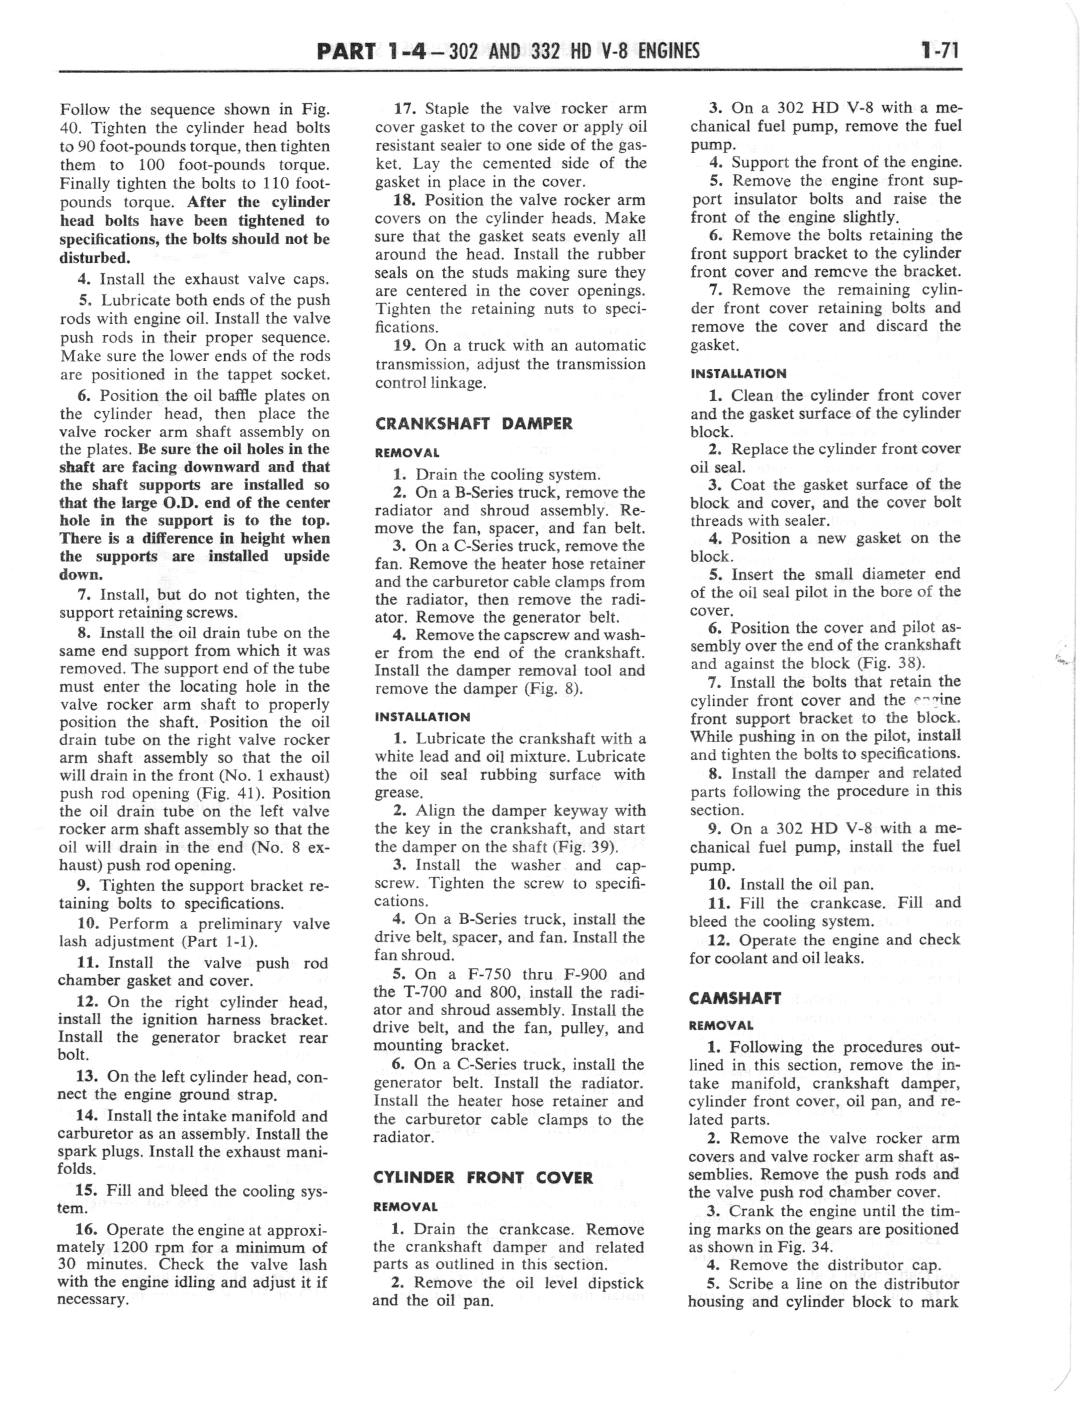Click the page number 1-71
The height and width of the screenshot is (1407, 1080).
pos(939,50)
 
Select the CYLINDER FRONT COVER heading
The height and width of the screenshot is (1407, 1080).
pos(483,1177)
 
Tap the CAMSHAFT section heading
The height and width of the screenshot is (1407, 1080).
pos(735,998)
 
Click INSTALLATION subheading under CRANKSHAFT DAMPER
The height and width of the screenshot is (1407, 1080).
pos(422,716)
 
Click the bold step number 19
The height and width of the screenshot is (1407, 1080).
pos(405,345)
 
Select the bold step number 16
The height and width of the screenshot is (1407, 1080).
pos(86,1230)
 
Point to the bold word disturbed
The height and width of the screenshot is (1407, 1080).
pos(94,257)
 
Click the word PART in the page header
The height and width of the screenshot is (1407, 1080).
pos(346,50)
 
